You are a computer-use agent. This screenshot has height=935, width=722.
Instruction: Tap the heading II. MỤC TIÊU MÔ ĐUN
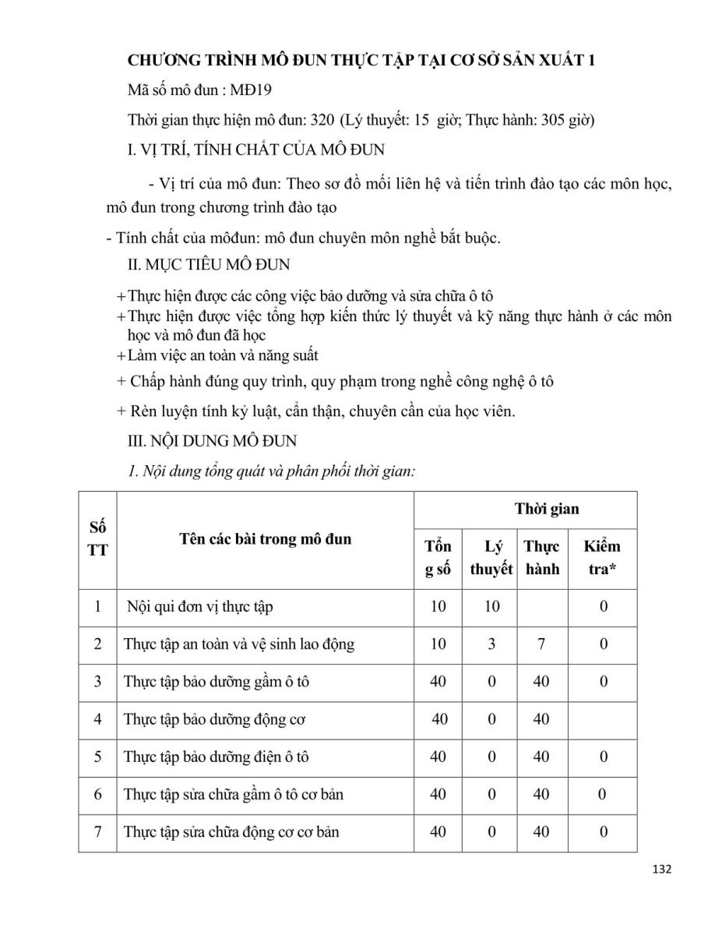[x=209, y=265]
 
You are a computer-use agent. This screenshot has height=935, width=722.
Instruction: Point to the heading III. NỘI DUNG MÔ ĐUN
[x=212, y=441]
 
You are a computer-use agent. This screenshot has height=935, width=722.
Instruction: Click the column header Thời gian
[x=547, y=510]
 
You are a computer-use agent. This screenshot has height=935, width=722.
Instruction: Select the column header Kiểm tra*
[x=602, y=558]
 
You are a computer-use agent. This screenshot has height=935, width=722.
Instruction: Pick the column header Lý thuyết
[x=491, y=558]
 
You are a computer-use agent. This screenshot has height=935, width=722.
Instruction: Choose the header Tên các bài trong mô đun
[x=265, y=539]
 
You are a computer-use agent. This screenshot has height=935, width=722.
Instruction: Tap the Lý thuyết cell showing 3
[x=491, y=644]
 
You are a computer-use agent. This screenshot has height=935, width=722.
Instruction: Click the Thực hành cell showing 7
[x=541, y=644]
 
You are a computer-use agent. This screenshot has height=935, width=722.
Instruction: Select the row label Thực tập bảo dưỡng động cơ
[x=213, y=719]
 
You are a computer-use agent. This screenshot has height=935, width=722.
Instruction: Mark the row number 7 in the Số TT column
[x=98, y=832]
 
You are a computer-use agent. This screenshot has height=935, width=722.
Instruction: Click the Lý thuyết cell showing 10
[x=491, y=606]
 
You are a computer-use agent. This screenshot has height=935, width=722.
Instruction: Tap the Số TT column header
[x=98, y=539]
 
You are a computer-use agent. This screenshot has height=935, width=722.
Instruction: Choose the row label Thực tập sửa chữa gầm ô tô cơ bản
[x=233, y=795]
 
